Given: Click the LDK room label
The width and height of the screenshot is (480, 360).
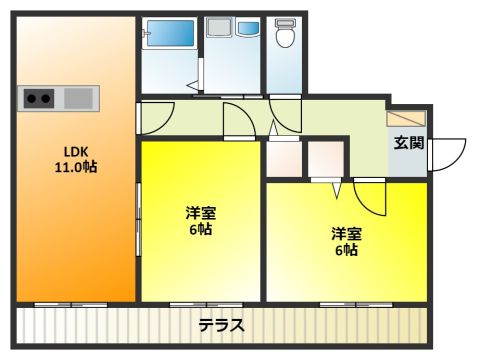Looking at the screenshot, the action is [x=76, y=152].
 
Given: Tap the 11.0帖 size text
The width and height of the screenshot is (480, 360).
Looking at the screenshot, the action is [x=76, y=167].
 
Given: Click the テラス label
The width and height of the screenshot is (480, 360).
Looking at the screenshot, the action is [x=222, y=325].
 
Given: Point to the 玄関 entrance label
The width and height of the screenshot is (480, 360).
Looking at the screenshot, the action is [x=409, y=143].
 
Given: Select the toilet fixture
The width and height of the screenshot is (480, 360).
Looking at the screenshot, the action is [x=285, y=33].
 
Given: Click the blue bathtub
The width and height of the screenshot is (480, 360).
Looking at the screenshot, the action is [x=170, y=33].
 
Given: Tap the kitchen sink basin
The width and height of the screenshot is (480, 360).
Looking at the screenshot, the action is [x=78, y=98].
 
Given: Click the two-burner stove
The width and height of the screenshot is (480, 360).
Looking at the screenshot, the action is [x=39, y=98].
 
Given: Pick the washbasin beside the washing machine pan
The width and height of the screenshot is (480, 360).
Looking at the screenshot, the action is [x=248, y=28].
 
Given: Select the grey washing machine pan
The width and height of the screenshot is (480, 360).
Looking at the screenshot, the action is [x=219, y=27].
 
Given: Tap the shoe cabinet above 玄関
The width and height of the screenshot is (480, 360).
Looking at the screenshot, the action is [x=406, y=119].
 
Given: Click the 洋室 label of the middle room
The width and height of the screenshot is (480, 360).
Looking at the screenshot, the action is [x=201, y=213].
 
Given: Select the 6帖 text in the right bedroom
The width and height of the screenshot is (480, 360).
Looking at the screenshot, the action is [x=346, y=250].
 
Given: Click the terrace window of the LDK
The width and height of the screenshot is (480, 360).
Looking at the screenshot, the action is [x=71, y=305].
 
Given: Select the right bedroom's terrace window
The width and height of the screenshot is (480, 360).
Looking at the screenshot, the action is [x=356, y=305].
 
